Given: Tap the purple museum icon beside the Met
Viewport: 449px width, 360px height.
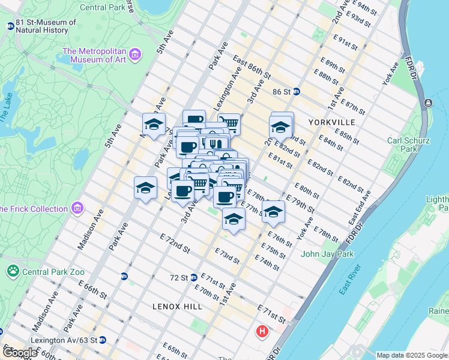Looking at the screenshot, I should click(135, 55).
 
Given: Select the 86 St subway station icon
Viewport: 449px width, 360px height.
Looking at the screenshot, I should click(296, 92).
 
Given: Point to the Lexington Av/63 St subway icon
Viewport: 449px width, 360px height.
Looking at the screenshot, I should click(102, 340).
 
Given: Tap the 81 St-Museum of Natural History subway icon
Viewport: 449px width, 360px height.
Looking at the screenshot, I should click(10, 26).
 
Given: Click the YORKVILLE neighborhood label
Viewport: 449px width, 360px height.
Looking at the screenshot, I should click(332, 122).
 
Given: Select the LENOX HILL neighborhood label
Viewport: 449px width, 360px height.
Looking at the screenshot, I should click(178, 306).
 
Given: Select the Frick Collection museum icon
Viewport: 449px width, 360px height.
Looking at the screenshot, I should click(77, 208).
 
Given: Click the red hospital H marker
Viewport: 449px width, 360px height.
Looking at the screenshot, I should click(262, 331).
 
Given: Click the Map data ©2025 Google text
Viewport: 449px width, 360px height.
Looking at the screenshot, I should click(412, 355).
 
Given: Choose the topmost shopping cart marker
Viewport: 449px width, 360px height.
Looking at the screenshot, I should click(229, 124).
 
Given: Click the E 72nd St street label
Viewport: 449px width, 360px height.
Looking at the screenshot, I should click(175, 243).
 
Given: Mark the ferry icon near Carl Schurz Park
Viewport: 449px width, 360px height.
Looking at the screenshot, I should click(427, 103).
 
